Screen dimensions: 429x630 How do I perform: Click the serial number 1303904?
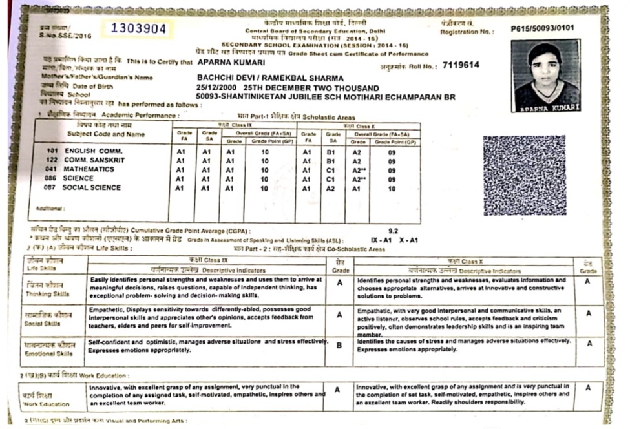coord(138,29)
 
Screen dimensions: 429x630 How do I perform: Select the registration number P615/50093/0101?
coord(541,28)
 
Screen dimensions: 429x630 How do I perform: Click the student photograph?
coord(545,76)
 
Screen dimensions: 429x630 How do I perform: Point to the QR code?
coord(524,176)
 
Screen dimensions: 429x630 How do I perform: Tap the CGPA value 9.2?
coord(394,230)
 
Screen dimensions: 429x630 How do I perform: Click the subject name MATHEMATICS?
coord(89,169)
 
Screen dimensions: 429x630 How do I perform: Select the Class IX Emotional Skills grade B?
coord(339,345)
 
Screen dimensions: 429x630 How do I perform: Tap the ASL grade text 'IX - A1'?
coord(381,240)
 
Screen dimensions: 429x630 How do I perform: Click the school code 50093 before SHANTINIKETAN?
coord(209,97)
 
